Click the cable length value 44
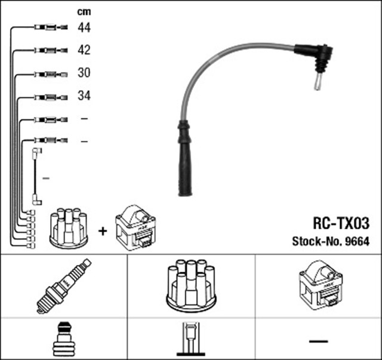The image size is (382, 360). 84,27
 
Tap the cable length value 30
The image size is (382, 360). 84,73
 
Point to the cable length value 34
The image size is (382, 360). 84,96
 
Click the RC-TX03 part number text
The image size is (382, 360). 341,223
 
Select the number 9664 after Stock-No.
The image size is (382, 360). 358,242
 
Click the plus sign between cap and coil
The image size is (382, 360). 103,229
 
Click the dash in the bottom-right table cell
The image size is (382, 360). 318,340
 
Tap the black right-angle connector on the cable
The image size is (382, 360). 316,57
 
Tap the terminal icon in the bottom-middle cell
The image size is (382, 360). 190,339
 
